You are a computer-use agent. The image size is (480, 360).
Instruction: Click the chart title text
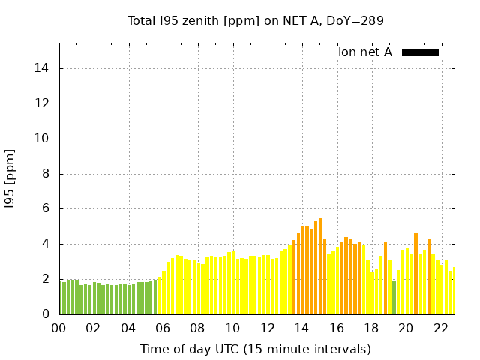pyautogui.click(x=256, y=21)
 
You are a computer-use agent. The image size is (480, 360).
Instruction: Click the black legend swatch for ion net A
pyautogui.click(x=420, y=52)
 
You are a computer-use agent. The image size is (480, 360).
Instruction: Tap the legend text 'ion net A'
pyautogui.click(x=365, y=52)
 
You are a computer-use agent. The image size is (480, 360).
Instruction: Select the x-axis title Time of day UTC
pyautogui.click(x=256, y=349)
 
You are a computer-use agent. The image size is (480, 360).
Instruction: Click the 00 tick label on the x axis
pyautogui.click(x=59, y=328)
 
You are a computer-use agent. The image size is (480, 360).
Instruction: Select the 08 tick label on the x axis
pyautogui.click(x=198, y=328)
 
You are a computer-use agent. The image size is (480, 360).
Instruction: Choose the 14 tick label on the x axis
pyautogui.click(x=302, y=328)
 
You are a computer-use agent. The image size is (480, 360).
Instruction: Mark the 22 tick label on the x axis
pyautogui.click(x=441, y=328)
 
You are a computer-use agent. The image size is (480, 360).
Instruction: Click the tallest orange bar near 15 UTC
pyautogui.click(x=320, y=266)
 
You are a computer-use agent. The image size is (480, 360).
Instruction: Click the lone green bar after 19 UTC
pyautogui.click(x=394, y=298)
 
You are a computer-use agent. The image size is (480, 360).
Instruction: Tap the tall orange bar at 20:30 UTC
pyautogui.click(x=415, y=274)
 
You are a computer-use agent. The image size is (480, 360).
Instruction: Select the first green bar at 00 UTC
pyautogui.click(x=61, y=298)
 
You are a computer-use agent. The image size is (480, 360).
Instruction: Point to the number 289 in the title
pyautogui.click(x=373, y=21)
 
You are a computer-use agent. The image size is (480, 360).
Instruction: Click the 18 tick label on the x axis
pyautogui.click(x=371, y=328)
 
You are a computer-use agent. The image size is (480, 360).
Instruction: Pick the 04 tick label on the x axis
pyautogui.click(x=129, y=328)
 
